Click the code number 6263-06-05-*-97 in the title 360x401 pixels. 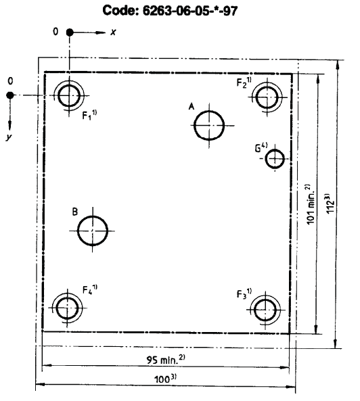[x=189, y=11]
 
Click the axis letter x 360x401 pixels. [x=113, y=32]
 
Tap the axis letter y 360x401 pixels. [x=9, y=137]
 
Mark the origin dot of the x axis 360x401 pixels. [x=69, y=32]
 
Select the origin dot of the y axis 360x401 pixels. [x=9, y=95]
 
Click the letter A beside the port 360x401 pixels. [x=192, y=106]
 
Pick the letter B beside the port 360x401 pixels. [x=74, y=212]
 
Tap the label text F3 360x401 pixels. [x=242, y=294]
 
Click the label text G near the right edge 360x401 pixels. [x=258, y=149]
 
